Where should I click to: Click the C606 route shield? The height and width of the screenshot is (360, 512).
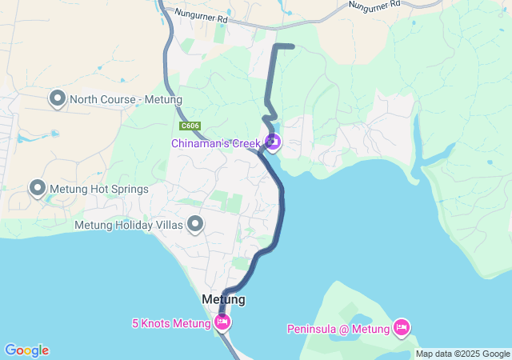190,126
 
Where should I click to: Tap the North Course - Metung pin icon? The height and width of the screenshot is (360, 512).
58,99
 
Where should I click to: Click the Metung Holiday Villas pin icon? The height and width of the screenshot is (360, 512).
195,225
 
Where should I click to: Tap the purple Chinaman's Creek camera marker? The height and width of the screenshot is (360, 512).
273,143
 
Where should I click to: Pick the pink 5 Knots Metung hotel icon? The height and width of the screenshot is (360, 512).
223,322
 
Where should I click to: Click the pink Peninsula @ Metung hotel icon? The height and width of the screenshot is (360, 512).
402,327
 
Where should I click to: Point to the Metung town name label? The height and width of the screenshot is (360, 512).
223,299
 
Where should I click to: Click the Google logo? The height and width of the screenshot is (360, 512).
26,350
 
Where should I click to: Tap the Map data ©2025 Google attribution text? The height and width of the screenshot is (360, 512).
462,354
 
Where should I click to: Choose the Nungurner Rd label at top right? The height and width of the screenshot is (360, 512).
374,6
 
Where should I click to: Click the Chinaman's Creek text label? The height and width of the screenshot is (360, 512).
216,143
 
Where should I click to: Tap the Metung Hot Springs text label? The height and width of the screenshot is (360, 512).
99,190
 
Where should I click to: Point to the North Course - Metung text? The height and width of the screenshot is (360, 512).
126,100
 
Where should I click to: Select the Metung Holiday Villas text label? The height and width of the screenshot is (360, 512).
129,225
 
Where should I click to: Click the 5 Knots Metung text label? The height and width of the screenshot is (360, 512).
170,323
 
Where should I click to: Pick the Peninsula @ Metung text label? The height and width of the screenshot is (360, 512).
338,329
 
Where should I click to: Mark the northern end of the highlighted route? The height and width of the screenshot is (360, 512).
293,46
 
